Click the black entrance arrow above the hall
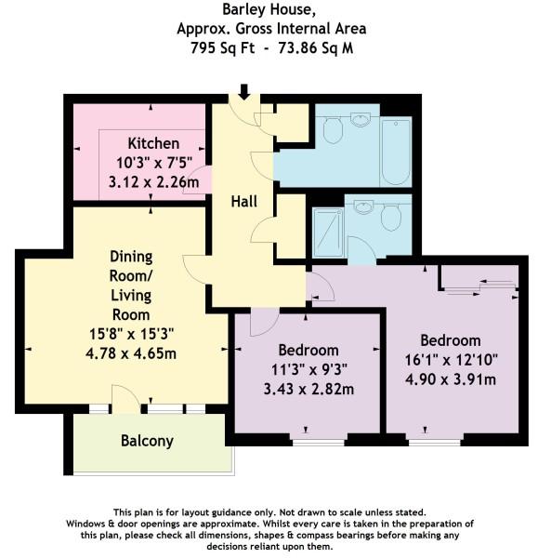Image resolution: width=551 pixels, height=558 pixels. click(243, 92)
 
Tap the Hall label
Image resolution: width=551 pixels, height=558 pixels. click(243, 202)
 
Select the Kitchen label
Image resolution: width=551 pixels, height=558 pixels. click(153, 143)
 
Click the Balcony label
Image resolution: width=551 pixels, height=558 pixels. click(147, 441)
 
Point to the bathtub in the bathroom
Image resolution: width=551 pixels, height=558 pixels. click(396, 153)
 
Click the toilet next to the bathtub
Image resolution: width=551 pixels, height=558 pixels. click(333, 130)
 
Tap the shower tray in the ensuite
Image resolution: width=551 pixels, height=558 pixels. click(328, 232)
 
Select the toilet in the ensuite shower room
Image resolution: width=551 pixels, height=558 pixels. click(391, 217)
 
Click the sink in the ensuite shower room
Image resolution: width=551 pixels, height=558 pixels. click(363, 206)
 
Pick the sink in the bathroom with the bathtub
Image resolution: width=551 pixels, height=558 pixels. click(361, 120)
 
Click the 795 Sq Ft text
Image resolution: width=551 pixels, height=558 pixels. click(222, 47)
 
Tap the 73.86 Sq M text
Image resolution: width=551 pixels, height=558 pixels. click(316, 47)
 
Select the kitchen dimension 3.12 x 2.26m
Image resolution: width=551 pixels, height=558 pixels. click(153, 182)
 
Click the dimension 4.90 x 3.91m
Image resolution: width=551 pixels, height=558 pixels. click(451, 379)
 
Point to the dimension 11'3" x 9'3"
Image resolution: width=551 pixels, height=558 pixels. click(308, 370)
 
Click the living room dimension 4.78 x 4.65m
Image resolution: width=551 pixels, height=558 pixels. click(131, 353)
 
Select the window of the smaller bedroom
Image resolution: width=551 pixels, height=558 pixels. click(318, 443)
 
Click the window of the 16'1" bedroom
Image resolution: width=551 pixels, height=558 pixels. click(435, 443)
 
